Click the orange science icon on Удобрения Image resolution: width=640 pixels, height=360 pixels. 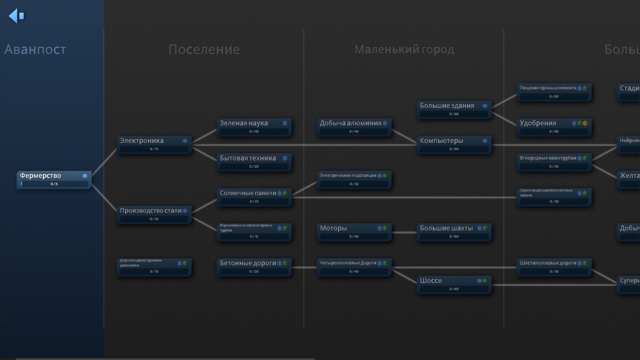click(585, 123)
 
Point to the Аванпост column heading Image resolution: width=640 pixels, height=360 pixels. click(35, 49)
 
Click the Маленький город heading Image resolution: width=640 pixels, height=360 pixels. click(404, 49)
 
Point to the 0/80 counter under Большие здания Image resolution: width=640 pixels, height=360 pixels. click(454, 114)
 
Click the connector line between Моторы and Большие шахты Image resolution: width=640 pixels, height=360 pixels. click(404, 232)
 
